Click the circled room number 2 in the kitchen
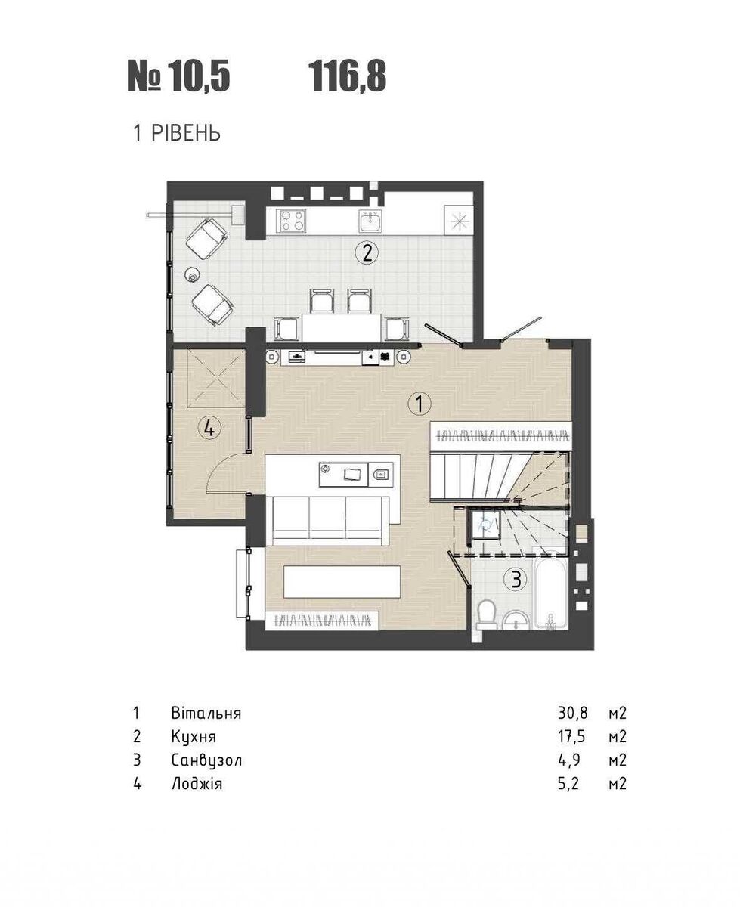click(367, 253)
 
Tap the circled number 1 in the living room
click(420, 404)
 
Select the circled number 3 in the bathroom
click(515, 579)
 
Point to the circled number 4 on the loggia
click(209, 429)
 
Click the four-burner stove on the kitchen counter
click(293, 221)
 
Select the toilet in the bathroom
click(488, 614)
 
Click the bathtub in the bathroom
click(550, 594)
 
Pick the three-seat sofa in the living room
click(330, 521)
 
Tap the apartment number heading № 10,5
click(179, 76)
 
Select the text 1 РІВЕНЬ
click(177, 134)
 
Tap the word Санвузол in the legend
click(207, 760)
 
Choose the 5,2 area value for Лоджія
click(568, 784)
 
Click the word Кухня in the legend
click(194, 737)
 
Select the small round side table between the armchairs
click(192, 274)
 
